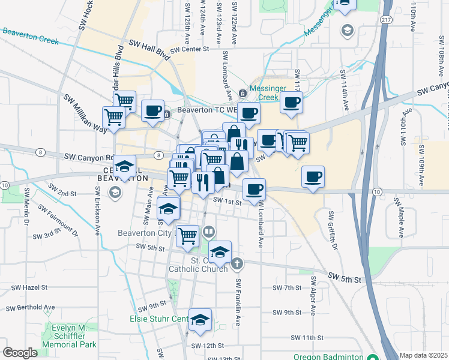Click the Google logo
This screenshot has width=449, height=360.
[20, 353]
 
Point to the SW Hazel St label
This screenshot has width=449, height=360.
[28, 288]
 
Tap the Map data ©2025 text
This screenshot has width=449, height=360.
[423, 355]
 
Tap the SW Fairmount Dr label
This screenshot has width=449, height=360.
[58, 219]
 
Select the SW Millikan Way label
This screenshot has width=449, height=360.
[83, 114]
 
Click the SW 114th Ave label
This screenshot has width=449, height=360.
[345, 90]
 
